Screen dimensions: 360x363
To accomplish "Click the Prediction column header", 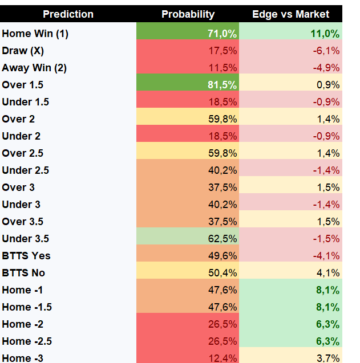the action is point(68,14).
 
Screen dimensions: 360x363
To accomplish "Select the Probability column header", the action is point(188,14).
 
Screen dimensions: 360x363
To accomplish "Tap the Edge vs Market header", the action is point(291,14).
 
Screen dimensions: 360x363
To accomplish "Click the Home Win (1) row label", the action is point(35,34).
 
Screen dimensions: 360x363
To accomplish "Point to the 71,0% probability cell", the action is point(222,34).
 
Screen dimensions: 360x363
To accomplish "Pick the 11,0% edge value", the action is point(325,34).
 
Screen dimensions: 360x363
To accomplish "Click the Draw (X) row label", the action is point(23,51).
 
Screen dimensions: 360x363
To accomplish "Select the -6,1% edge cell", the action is point(326,51).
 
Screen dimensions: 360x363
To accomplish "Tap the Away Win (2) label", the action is point(34,68).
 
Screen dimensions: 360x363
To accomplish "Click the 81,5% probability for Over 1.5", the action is point(222,85).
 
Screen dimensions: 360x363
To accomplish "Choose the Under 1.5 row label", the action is point(26,102).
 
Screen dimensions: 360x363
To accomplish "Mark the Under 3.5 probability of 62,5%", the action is point(223,239).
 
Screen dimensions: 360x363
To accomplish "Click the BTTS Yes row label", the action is point(26,256).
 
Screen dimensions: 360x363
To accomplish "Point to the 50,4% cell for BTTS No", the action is point(223,273).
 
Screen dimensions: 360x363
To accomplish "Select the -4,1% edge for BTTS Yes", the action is point(326,256).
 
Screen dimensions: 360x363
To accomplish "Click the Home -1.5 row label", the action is point(27,307).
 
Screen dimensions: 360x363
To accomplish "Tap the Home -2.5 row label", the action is point(27,341).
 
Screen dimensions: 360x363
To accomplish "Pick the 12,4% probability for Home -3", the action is point(223,358).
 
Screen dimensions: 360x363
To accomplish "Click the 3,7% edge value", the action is point(328,358).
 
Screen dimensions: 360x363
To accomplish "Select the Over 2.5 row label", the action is point(22,153).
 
